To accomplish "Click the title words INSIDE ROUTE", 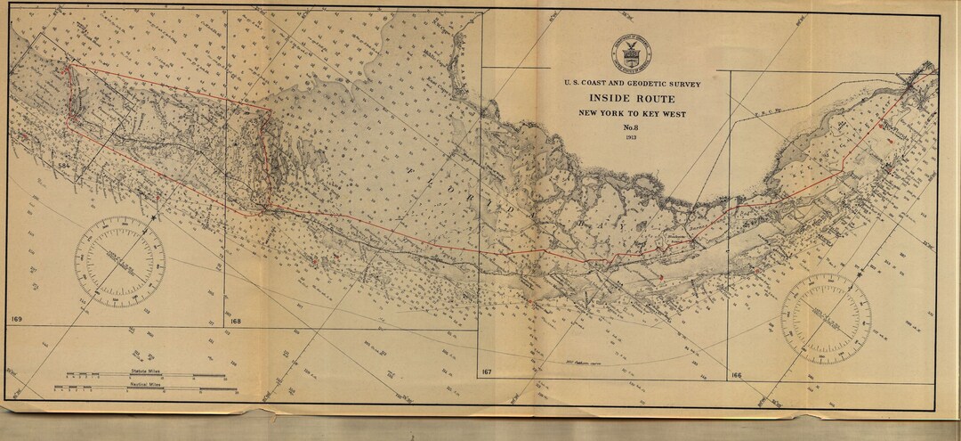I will [632, 99].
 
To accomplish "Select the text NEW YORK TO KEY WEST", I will [632, 114].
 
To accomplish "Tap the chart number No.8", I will [632, 129].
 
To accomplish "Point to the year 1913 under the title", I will [632, 140].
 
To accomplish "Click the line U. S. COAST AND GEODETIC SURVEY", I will [632, 84].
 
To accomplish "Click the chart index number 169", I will [17, 318].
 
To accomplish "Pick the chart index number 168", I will [235, 320].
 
